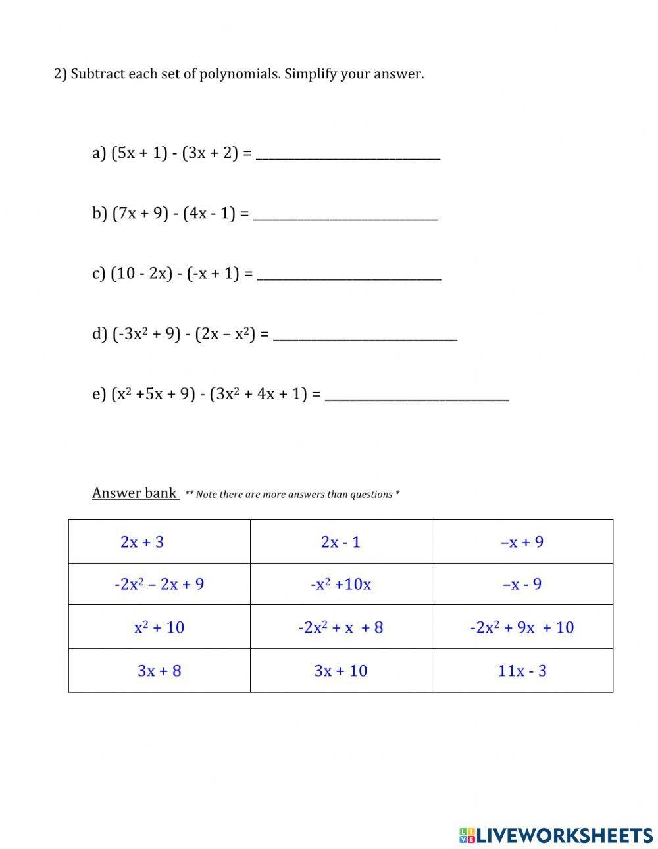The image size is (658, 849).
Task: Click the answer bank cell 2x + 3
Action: tap(142, 542)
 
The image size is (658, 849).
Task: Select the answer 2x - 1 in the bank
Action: tap(341, 542)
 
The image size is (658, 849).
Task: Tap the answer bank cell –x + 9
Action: tap(522, 542)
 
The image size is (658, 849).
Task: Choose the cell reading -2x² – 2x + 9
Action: tap(159, 584)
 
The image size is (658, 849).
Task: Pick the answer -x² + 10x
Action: tap(341, 584)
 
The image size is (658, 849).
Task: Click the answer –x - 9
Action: tap(522, 584)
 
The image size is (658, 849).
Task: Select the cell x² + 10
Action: tap(159, 627)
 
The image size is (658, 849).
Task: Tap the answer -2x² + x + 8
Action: tap(341, 627)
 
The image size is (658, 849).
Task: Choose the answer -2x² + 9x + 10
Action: tap(522, 627)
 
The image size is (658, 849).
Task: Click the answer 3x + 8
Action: tap(159, 671)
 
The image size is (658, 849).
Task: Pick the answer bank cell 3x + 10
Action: tap(341, 671)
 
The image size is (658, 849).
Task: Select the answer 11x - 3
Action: tap(522, 671)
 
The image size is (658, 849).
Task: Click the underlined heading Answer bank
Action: tap(135, 493)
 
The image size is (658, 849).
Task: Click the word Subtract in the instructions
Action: tap(97, 74)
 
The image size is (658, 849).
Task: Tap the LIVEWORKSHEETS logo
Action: tap(556, 835)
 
